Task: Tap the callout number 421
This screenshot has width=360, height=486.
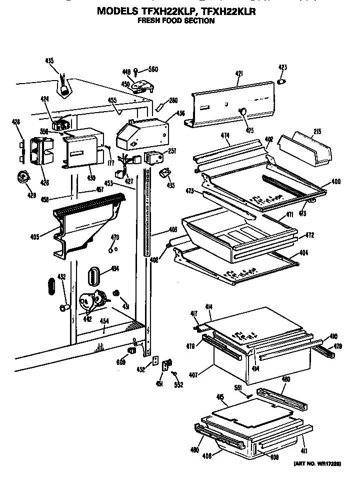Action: coord(238,74)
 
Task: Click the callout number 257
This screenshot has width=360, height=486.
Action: coord(172,151)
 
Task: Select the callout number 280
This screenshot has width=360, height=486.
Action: coord(173,100)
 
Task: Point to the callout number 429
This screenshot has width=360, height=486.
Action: coord(18,195)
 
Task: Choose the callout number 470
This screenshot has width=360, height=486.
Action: coord(114,237)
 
